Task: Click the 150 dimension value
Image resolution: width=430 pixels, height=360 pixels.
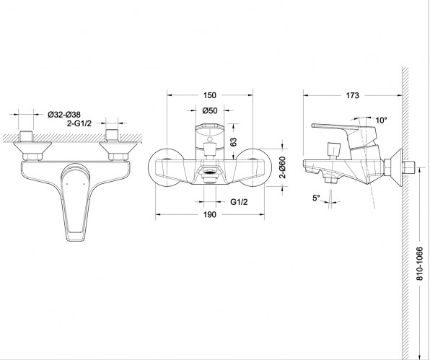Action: point(209,95)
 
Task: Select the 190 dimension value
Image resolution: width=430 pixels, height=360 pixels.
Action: point(209,214)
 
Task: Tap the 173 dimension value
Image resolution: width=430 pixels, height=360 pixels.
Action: point(352,95)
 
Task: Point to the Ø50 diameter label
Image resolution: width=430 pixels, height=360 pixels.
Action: point(210,110)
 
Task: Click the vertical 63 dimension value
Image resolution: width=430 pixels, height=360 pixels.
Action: point(233,141)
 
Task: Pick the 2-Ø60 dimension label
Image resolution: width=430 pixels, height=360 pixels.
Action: point(283,167)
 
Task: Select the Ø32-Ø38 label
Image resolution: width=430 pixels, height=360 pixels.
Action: point(64,114)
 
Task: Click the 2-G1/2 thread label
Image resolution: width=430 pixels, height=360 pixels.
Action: point(79,123)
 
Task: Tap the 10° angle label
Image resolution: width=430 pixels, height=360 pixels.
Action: point(381,120)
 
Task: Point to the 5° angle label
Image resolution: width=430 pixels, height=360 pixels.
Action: point(316,198)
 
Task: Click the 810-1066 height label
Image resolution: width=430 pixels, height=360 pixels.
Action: point(420,263)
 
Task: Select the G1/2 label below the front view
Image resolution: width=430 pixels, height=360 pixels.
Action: point(239,202)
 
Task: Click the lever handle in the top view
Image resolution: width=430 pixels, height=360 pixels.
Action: point(76,202)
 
